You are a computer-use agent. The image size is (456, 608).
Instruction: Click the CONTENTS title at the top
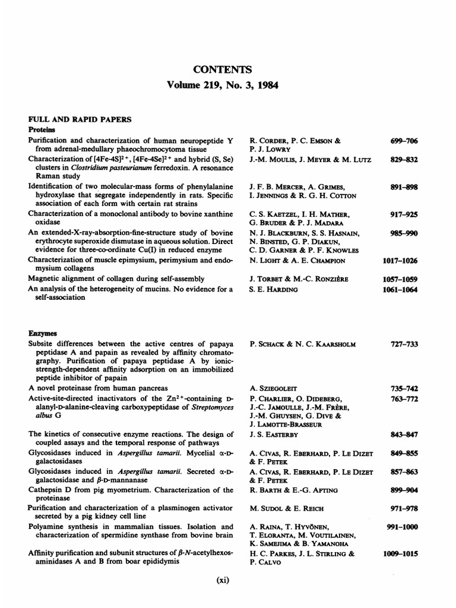pyautogui.click(x=228, y=69)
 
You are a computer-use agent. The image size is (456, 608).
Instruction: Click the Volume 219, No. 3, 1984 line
pyautogui.click(x=228, y=85)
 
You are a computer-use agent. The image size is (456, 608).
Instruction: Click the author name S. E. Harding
pyautogui.click(x=277, y=290)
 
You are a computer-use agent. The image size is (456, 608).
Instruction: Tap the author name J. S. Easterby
pyautogui.click(x=279, y=433)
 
